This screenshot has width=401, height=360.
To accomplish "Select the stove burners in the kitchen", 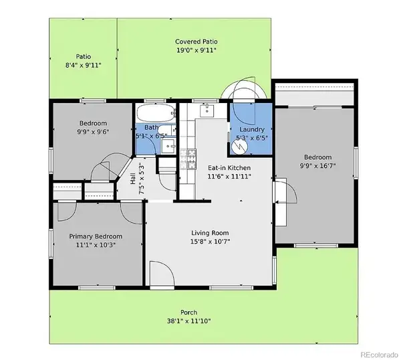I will click(190, 158).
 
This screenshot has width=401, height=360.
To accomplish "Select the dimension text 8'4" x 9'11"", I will click(83, 66).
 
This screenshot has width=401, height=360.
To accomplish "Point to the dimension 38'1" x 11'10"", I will click(189, 321).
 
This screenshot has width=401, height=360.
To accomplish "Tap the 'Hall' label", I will click(132, 179).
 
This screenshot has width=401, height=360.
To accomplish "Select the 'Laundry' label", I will click(252, 129).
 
